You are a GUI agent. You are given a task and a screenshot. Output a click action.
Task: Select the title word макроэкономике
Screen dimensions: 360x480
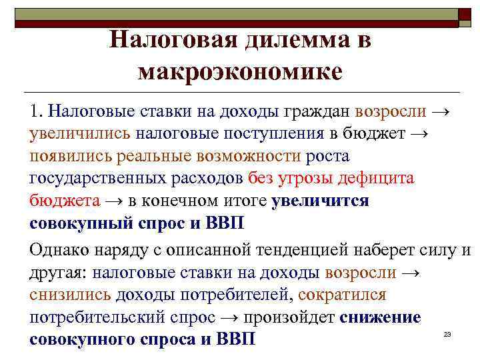pos(240,71)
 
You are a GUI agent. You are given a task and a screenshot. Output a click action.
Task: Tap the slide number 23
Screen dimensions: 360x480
pos(447,333)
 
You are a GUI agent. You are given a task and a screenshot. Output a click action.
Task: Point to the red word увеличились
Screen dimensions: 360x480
pos(80,133)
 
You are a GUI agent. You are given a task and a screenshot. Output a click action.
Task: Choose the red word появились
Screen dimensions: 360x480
pos(70,156)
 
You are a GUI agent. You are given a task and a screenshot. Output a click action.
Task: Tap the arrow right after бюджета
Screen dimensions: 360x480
pos(112,201)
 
